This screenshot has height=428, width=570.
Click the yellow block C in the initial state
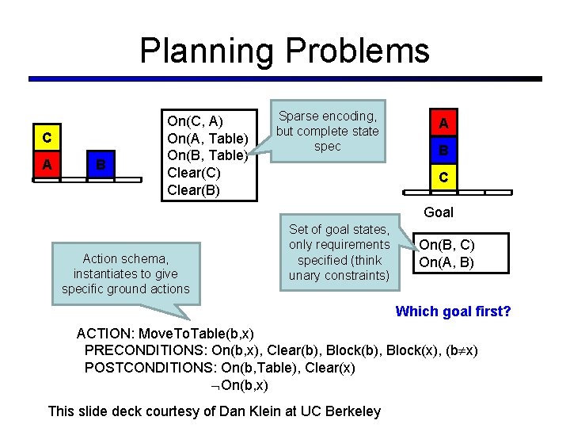tap(47, 138)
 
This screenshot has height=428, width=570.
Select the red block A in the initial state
tap(47, 164)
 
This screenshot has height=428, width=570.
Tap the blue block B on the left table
tap(100, 164)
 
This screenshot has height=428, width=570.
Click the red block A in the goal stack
tap(443, 123)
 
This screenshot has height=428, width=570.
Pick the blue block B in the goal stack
tap(443, 150)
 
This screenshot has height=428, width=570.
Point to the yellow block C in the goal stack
tap(443, 177)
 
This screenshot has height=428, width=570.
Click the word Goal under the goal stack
tap(439, 212)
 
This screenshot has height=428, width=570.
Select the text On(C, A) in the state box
tap(195, 121)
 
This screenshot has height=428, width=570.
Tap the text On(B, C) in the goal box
tap(446, 245)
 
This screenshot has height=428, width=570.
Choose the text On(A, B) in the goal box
tap(446, 262)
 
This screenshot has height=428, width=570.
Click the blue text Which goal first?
tap(453, 311)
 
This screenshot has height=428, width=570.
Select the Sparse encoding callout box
tap(328, 132)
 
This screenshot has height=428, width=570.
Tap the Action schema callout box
tap(126, 273)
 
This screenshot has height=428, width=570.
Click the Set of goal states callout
tap(340, 253)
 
